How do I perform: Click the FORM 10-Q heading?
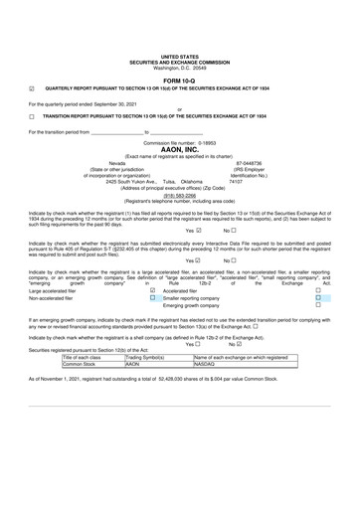(x=179, y=80)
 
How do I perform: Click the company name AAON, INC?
(x=179, y=149)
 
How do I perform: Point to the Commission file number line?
(x=179, y=142)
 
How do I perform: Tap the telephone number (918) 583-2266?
(x=179, y=195)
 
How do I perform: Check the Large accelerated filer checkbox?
(x=152, y=290)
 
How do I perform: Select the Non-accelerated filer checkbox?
(x=152, y=297)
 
